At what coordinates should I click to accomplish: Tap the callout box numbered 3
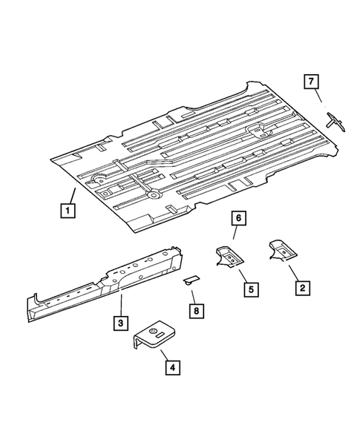tap(119, 323)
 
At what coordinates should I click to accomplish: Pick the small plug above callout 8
tap(192, 280)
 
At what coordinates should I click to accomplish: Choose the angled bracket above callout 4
tap(154, 336)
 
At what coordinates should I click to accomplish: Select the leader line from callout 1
tap(73, 197)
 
